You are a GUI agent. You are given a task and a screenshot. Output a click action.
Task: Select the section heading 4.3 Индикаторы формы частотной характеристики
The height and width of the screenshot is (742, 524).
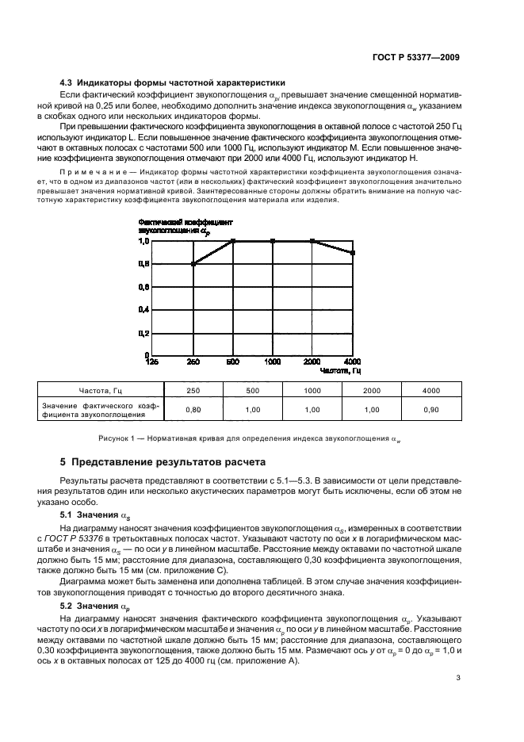(x=173, y=83)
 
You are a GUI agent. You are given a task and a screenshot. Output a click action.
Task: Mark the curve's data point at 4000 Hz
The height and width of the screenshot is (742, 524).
(x=353, y=253)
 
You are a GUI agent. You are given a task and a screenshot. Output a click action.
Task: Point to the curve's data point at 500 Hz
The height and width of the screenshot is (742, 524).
(x=233, y=241)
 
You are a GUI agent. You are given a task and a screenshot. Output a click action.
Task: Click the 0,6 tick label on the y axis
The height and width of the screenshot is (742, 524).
(x=143, y=287)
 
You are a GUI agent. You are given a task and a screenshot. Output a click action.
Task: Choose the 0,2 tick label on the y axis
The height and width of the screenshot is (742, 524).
(x=143, y=332)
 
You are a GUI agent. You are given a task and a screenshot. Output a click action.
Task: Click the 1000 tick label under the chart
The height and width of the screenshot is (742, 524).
(x=272, y=362)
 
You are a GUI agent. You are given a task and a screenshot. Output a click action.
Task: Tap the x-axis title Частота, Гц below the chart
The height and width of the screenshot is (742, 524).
(x=341, y=370)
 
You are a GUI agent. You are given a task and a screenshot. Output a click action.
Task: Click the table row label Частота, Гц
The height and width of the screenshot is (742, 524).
(x=101, y=390)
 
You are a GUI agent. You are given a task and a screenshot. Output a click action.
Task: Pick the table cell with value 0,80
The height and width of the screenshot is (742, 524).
(x=193, y=409)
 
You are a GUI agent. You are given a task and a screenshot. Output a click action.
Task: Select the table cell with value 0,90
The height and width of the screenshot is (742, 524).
(x=431, y=409)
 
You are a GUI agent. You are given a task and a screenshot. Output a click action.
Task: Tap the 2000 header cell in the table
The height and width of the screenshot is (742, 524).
(x=372, y=390)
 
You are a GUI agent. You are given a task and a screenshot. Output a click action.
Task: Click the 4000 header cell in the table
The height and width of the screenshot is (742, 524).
(x=431, y=390)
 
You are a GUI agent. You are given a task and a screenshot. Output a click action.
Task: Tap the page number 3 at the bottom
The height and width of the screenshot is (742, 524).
(x=458, y=678)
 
